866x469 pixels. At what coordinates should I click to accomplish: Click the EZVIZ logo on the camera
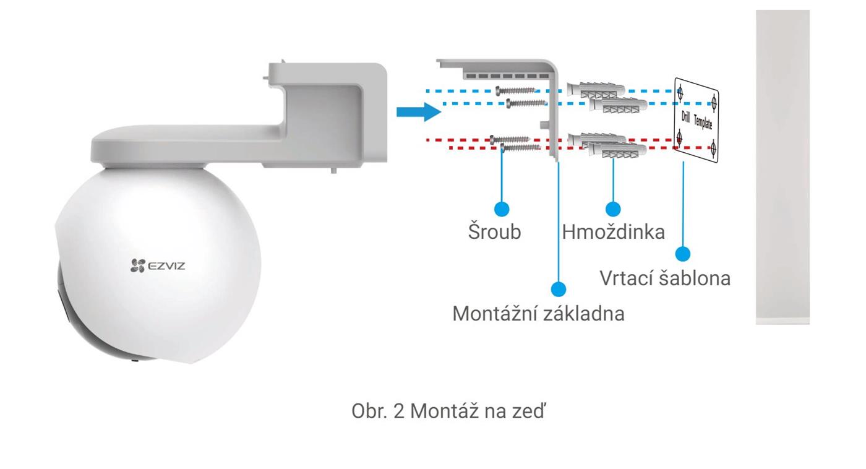(x=157, y=265)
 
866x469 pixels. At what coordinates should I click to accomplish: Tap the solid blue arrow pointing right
(x=419, y=112)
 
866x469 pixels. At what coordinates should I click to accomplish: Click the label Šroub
(x=494, y=231)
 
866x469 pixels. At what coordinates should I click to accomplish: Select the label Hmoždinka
(x=613, y=232)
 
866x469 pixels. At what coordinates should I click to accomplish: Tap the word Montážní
(x=494, y=313)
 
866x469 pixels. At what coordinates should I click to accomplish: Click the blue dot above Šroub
(x=502, y=209)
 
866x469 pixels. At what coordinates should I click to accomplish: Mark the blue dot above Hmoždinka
(x=613, y=209)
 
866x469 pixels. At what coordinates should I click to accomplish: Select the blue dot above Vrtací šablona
(x=683, y=254)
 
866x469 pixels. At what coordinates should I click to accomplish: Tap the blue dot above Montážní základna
(x=558, y=289)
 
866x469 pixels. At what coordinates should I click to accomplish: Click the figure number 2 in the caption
(x=398, y=411)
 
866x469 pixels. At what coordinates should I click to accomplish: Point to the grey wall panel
(x=782, y=167)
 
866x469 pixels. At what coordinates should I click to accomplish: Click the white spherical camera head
(x=158, y=264)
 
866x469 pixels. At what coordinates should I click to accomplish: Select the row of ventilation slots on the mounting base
(x=507, y=76)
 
